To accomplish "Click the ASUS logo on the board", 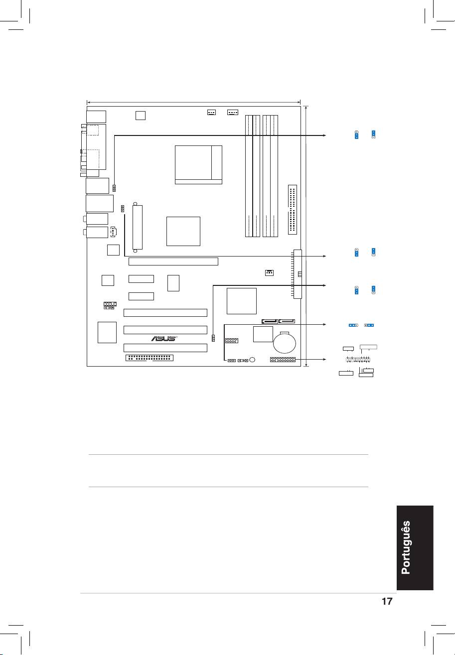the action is point(164,338).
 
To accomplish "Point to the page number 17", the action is point(387,601).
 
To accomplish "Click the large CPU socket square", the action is point(198,165).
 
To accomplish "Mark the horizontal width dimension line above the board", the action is point(194,102).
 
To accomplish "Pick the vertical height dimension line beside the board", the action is point(306,236).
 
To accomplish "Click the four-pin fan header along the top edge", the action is point(233,112).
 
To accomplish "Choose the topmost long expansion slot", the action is point(173,262).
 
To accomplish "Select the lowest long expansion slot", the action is point(165,348).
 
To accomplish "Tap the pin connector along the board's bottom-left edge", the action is point(149,358).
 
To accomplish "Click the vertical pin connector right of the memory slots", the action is point(293,210).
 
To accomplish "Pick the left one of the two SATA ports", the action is point(270,321).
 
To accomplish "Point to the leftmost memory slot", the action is point(249,176).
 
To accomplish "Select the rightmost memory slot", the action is point(274,176).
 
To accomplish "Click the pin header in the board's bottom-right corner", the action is point(283,359).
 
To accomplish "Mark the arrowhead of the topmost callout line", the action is point(324,135).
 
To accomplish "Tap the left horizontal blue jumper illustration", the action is point(353,325).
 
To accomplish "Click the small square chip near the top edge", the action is point(141,115).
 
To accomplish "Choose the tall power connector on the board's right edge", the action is point(298,274).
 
